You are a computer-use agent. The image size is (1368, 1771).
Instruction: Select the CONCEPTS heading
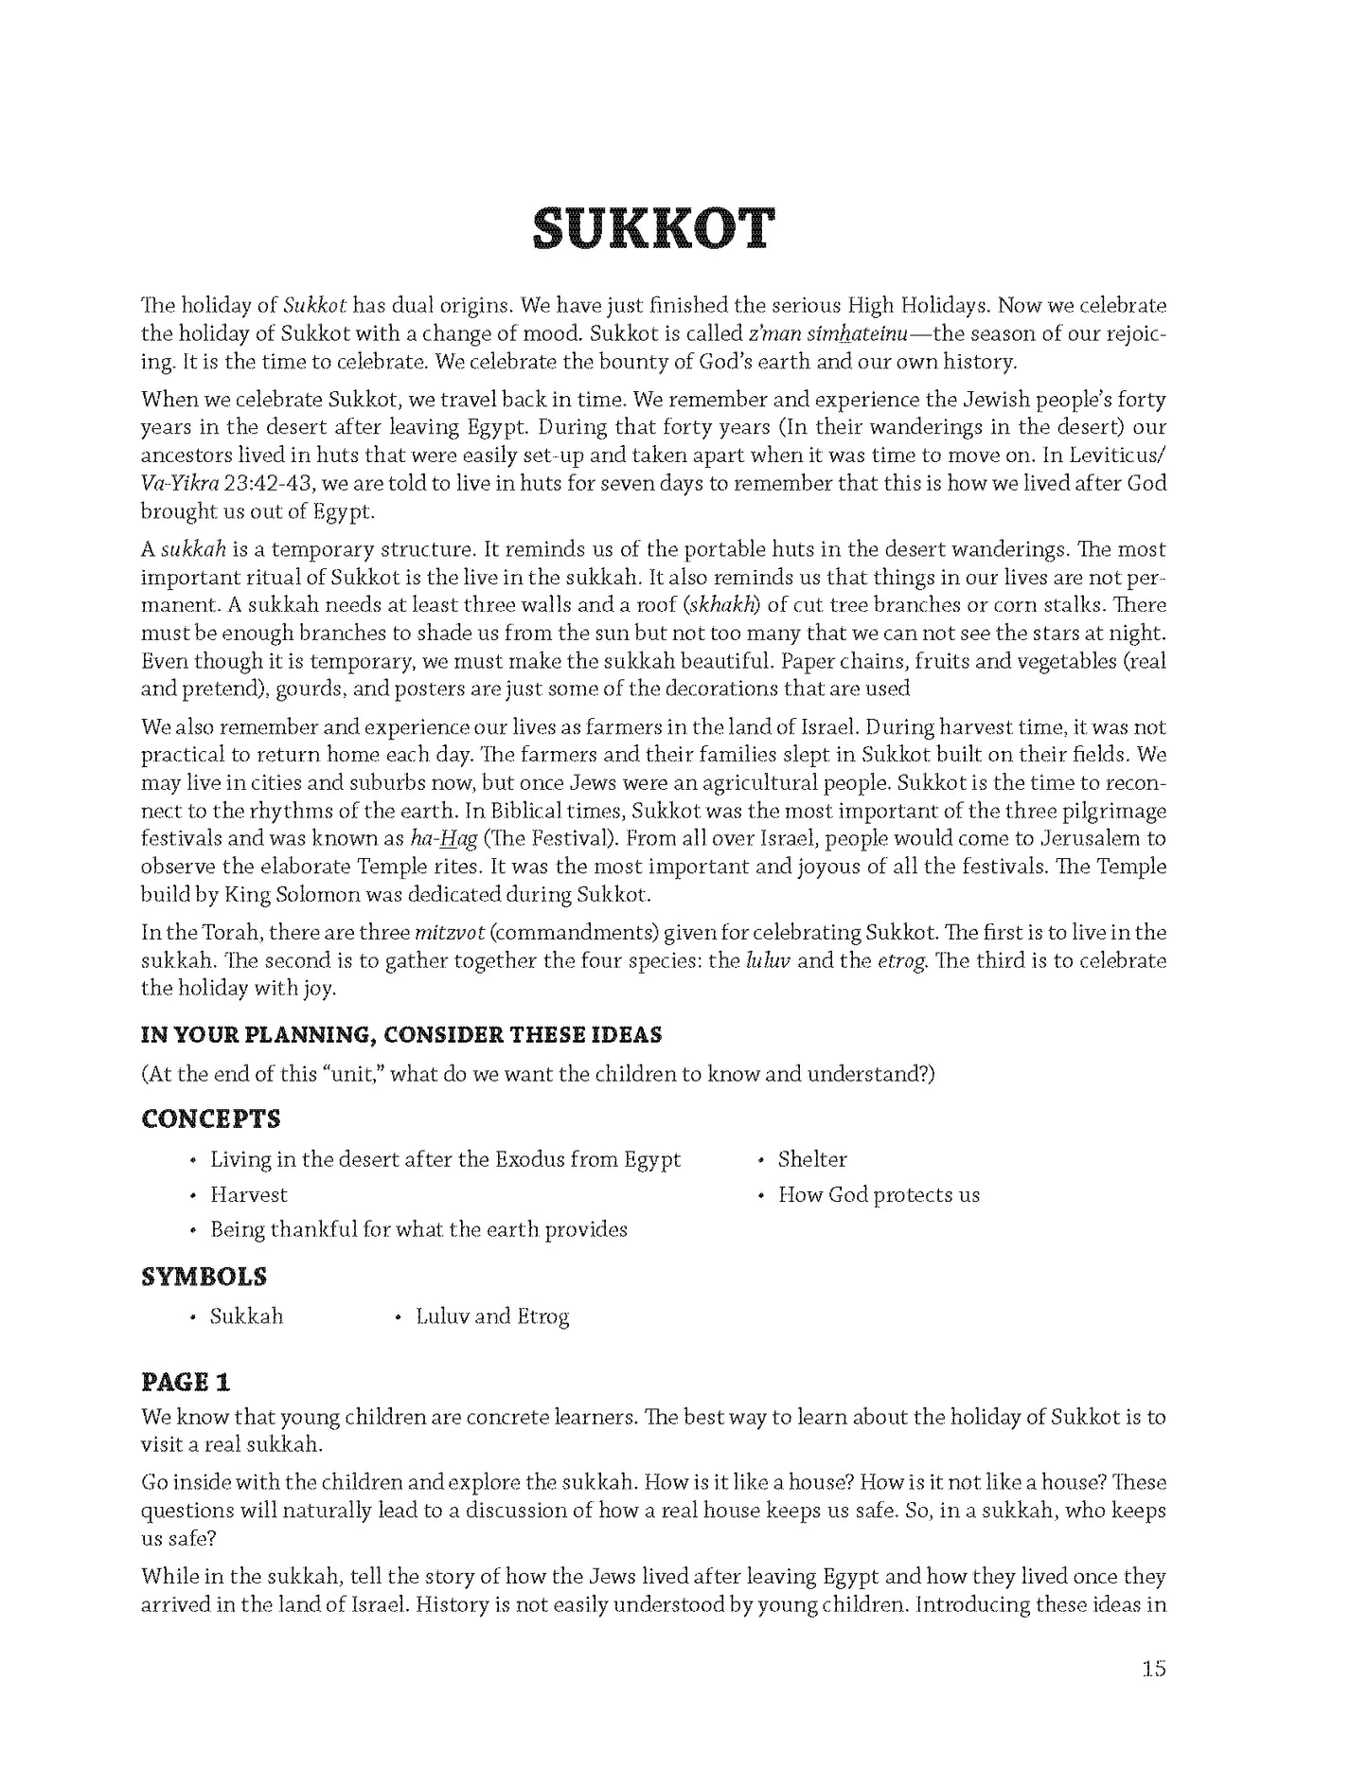(210, 1118)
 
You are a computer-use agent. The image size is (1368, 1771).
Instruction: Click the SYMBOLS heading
(204, 1277)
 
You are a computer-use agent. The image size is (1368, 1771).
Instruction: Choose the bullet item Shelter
(811, 1159)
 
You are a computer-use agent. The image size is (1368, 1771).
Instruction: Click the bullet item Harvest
(248, 1195)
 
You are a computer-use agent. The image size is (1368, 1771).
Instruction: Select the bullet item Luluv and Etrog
(492, 1316)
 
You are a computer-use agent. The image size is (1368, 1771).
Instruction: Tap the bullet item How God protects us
(878, 1195)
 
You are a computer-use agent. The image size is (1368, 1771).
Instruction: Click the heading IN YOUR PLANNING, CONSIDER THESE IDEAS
(400, 1034)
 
